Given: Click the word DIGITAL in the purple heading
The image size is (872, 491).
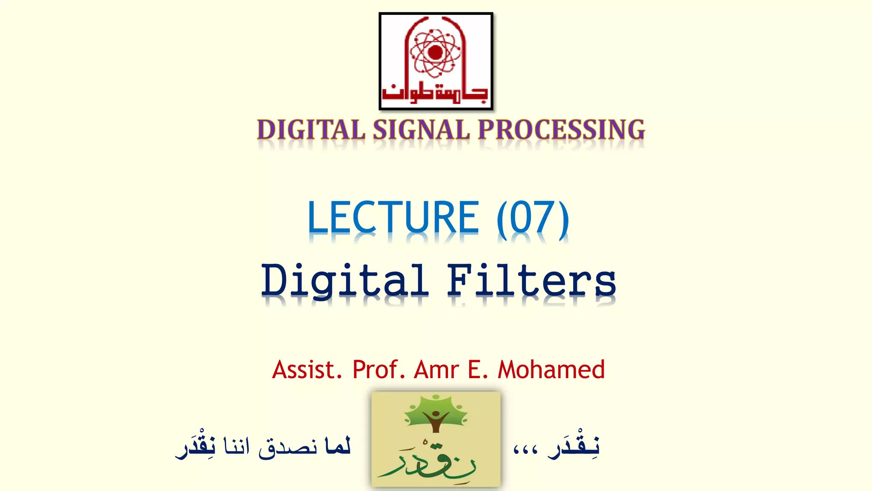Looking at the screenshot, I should (x=311, y=130).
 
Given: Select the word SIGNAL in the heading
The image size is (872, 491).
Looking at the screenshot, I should (x=421, y=130).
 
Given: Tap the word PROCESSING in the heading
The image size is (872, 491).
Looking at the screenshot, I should (x=561, y=130).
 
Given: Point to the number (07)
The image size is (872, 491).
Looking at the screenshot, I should (x=533, y=218).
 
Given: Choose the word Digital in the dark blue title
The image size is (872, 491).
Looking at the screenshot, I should (x=344, y=281).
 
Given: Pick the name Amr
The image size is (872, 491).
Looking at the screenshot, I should (x=436, y=370).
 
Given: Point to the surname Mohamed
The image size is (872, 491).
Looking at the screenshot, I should (x=551, y=370).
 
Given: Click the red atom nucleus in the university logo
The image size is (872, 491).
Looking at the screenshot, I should (x=435, y=52).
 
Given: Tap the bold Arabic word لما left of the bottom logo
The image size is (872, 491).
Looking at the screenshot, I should (x=338, y=446).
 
